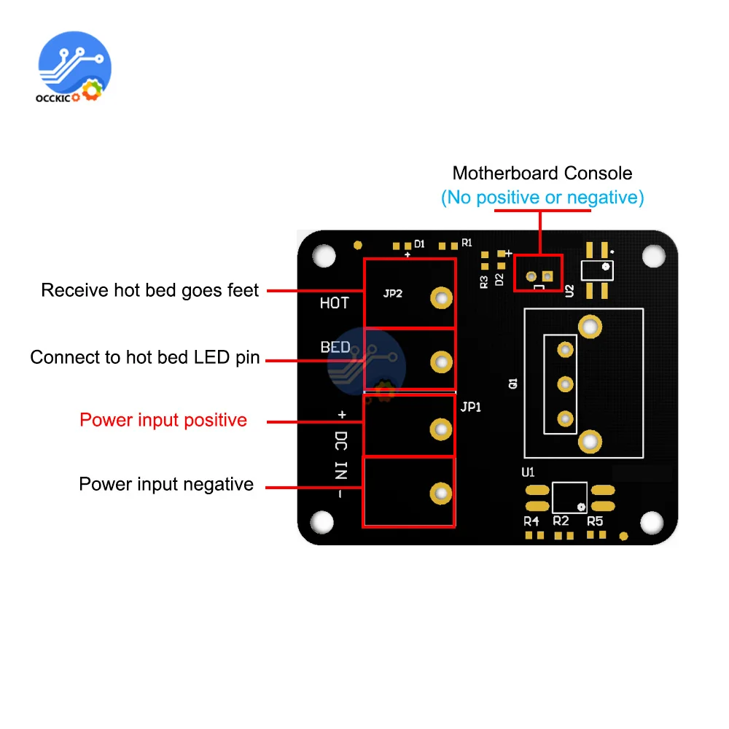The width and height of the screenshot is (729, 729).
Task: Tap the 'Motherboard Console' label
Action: click(542, 174)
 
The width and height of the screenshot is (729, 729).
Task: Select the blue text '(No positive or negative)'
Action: click(542, 197)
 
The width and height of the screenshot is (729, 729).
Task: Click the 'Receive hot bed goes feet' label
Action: click(150, 290)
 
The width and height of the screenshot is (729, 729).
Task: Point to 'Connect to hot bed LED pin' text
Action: click(145, 357)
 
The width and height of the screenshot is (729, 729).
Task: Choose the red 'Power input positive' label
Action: click(163, 420)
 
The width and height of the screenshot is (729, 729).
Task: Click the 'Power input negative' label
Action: click(166, 484)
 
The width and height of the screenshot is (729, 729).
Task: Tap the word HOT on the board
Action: click(335, 303)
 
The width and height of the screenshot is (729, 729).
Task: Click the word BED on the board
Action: click(335, 347)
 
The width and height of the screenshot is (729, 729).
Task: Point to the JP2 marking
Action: click(393, 295)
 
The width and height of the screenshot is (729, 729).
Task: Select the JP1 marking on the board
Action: click(471, 407)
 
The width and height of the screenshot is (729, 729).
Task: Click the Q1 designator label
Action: click(513, 383)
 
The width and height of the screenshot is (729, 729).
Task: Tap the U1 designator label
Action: click(529, 472)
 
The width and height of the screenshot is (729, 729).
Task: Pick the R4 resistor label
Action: click(531, 521)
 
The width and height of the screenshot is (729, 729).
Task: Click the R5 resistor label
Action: click(595, 521)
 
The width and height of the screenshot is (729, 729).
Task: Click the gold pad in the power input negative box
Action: click(440, 493)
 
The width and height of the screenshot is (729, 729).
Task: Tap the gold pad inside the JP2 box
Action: click(440, 297)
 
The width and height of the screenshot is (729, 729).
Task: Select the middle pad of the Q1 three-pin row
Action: click(564, 384)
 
